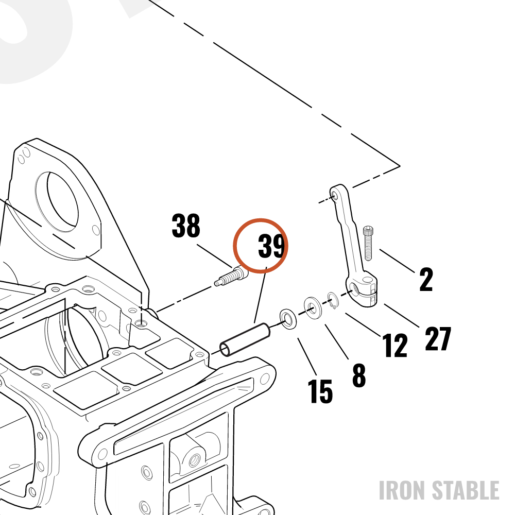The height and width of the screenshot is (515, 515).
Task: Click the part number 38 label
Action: pyautogui.click(x=186, y=226)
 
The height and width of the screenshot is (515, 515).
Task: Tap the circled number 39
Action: pyautogui.click(x=271, y=246)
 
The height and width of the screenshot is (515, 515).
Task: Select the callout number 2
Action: pyautogui.click(x=426, y=279)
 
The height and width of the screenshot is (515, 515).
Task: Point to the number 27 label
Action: pyautogui.click(x=438, y=339)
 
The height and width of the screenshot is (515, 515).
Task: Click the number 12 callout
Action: pyautogui.click(x=394, y=345)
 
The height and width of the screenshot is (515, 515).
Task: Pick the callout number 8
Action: pyautogui.click(x=358, y=375)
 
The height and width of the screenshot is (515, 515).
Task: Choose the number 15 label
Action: pyautogui.click(x=320, y=391)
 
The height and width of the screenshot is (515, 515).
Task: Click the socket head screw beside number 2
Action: pyautogui.click(x=368, y=243)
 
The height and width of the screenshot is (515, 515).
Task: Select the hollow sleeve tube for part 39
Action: pyautogui.click(x=245, y=339)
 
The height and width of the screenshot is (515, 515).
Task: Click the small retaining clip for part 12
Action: pyautogui.click(x=333, y=300)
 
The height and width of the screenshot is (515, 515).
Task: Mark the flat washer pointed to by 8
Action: pyautogui.click(x=312, y=308)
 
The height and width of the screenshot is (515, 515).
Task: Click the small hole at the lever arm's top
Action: pyautogui.click(x=335, y=196)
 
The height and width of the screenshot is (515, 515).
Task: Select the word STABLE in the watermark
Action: pyautogui.click(x=466, y=490)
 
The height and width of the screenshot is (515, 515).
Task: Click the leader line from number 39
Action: pyautogui.click(x=260, y=295)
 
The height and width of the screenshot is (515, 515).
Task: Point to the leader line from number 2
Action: pyautogui.click(x=397, y=261)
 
